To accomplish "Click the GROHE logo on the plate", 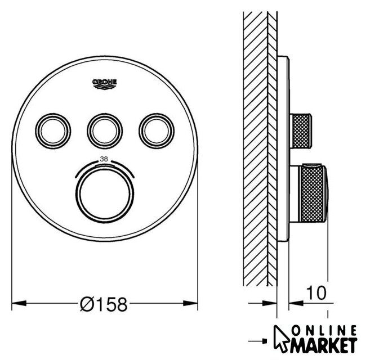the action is tap(104, 84).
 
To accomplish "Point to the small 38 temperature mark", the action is tap(104, 159).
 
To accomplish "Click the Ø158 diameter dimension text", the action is tap(104, 304).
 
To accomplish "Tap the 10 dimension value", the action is tap(316, 292).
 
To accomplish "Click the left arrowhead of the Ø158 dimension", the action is tap(19, 303).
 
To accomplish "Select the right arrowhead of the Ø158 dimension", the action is tap(190, 303).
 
